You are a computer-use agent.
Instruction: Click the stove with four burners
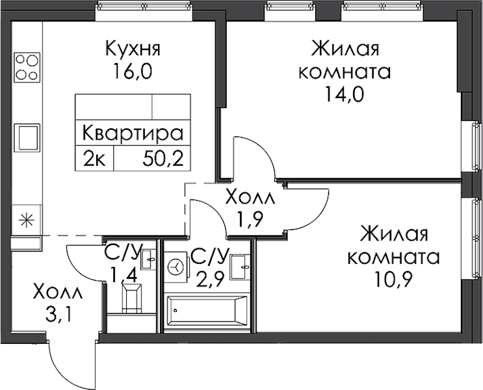click(x=27, y=66)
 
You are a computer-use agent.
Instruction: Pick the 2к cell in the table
click(x=96, y=157)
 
